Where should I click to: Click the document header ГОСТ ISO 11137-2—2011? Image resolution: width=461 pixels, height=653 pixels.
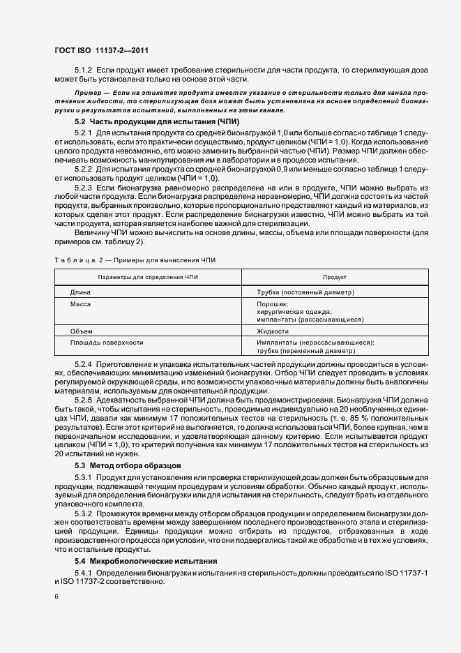(x=100, y=51)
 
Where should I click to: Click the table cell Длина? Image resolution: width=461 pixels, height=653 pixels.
(x=80, y=292)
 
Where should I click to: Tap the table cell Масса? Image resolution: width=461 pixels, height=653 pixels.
(x=81, y=304)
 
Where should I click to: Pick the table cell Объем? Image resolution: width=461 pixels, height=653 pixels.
(x=81, y=331)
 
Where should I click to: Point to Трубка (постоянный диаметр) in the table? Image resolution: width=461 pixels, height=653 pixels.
(x=305, y=292)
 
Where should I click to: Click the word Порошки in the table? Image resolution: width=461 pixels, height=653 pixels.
(x=272, y=304)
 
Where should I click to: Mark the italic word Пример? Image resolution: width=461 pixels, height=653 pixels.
(x=90, y=93)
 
